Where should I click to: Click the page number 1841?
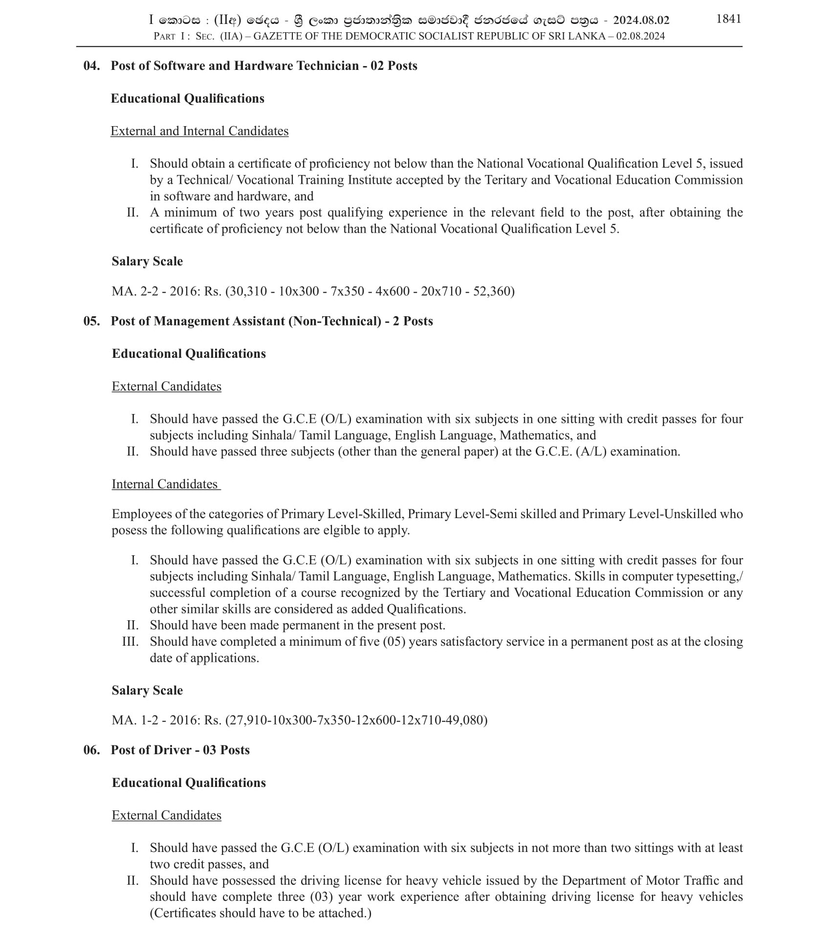tap(728, 19)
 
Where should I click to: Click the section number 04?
tap(91, 66)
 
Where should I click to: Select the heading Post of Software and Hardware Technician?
tap(235, 66)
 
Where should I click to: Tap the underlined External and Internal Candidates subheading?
tap(199, 131)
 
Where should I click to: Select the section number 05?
tap(91, 321)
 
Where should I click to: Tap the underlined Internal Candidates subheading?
tap(165, 484)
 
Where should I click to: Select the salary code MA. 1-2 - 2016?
tap(156, 720)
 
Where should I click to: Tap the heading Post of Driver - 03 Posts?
tap(180, 750)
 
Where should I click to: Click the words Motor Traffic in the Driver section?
tap(683, 880)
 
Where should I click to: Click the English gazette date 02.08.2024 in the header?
tap(640, 36)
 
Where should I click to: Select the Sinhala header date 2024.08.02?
tap(641, 20)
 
